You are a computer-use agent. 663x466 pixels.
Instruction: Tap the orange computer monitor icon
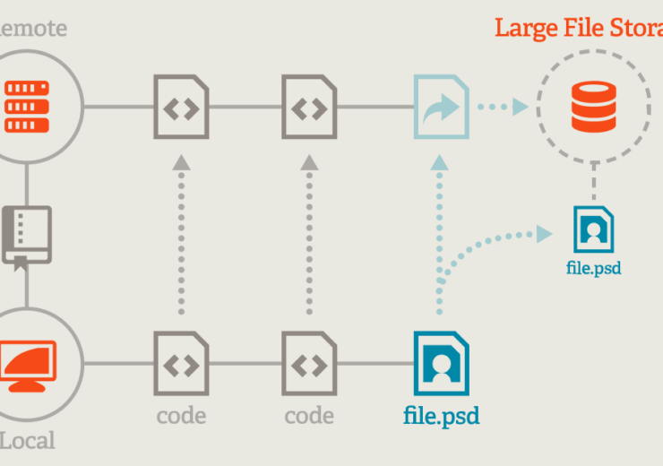[27, 364]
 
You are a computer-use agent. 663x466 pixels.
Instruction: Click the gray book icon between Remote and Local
[27, 236]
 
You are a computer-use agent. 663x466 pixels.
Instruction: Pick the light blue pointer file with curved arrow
[441, 107]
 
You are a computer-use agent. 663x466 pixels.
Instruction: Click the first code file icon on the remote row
[181, 107]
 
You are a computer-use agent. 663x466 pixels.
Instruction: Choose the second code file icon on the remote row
[309, 107]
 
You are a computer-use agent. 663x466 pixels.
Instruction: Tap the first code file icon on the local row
[181, 363]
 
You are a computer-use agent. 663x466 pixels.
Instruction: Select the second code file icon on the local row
[309, 363]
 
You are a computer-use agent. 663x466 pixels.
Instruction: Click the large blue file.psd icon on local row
[441, 363]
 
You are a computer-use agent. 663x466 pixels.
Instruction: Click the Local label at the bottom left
[27, 441]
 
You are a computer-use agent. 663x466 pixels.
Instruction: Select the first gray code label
[181, 416]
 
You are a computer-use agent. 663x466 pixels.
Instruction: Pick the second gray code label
[309, 416]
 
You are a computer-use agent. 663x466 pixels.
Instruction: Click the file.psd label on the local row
[441, 417]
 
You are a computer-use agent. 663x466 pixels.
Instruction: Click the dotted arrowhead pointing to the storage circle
[519, 107]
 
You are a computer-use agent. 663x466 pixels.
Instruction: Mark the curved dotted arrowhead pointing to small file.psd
[543, 234]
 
